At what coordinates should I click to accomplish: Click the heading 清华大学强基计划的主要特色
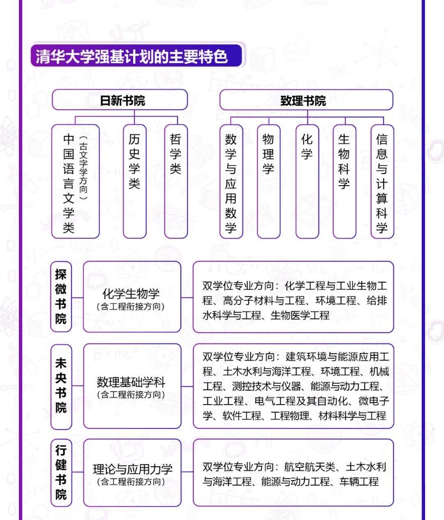click(x=132, y=57)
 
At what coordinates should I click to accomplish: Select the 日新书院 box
click(x=120, y=100)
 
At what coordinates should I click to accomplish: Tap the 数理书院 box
click(x=306, y=100)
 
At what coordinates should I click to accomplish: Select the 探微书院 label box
click(x=61, y=297)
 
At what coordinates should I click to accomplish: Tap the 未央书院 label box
click(x=61, y=386)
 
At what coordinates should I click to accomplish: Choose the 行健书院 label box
click(x=61, y=472)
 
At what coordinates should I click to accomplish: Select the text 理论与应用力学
click(x=132, y=470)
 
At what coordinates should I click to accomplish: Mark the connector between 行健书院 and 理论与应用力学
click(x=78, y=473)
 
